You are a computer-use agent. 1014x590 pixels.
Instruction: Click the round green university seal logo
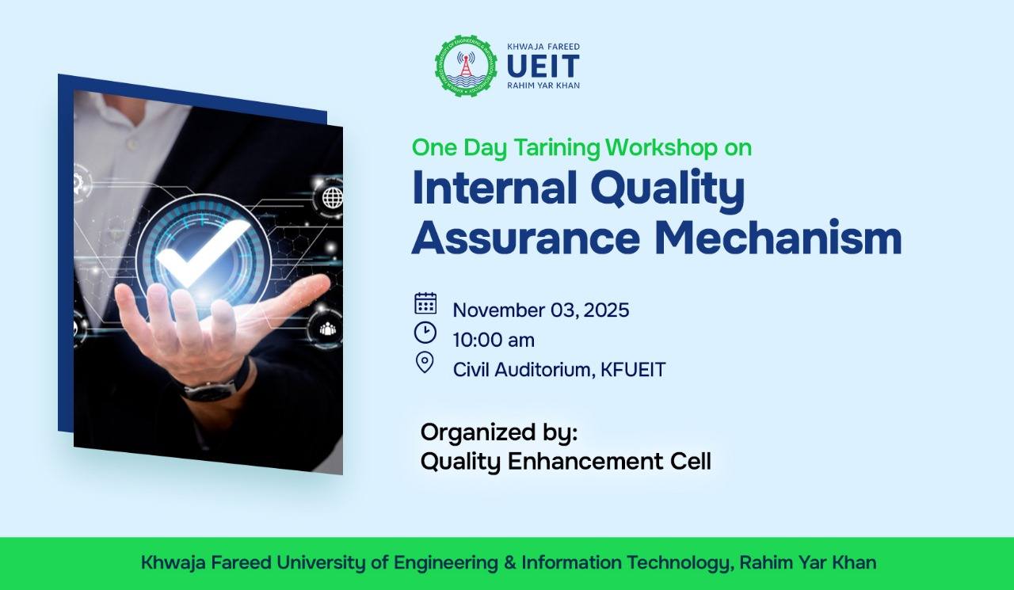[x=466, y=66]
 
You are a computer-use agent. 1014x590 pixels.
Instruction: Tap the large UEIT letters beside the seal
[x=543, y=66]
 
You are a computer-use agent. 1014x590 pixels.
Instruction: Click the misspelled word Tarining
[x=557, y=147]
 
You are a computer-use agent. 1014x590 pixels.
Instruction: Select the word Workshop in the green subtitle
[x=661, y=147]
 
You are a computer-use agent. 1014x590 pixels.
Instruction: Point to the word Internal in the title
[x=495, y=188]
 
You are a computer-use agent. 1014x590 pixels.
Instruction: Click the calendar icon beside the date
[x=425, y=303]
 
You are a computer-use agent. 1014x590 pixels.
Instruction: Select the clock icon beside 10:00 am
[x=425, y=333]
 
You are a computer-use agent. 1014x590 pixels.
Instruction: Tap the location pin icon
[x=425, y=363]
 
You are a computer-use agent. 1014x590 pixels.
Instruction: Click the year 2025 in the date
[x=607, y=310]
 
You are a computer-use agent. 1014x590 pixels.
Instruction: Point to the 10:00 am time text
[x=494, y=341]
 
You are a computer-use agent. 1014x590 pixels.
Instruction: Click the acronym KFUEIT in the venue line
[x=633, y=370]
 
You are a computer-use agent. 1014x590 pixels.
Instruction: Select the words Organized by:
[x=499, y=433]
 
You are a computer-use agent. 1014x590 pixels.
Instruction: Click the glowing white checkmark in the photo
[x=203, y=252]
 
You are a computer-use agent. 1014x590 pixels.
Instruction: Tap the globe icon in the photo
[x=333, y=198]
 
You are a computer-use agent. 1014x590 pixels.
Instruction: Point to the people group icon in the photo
[x=328, y=329]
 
